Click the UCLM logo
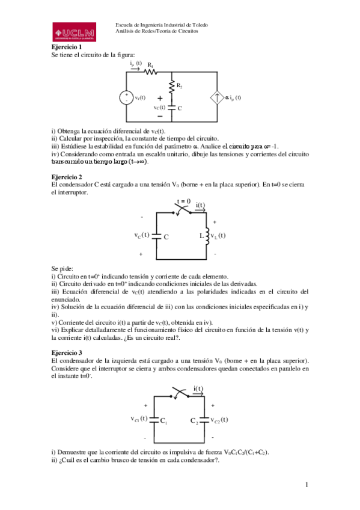point(75,31)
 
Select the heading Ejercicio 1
point(66,46)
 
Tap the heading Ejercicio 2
point(66,178)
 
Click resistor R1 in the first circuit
point(150,72)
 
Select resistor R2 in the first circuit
point(172,88)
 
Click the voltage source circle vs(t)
point(127,97)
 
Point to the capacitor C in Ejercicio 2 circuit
point(157,236)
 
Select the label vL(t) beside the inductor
point(218,236)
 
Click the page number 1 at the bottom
point(307,485)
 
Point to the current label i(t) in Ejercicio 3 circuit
point(199,388)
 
